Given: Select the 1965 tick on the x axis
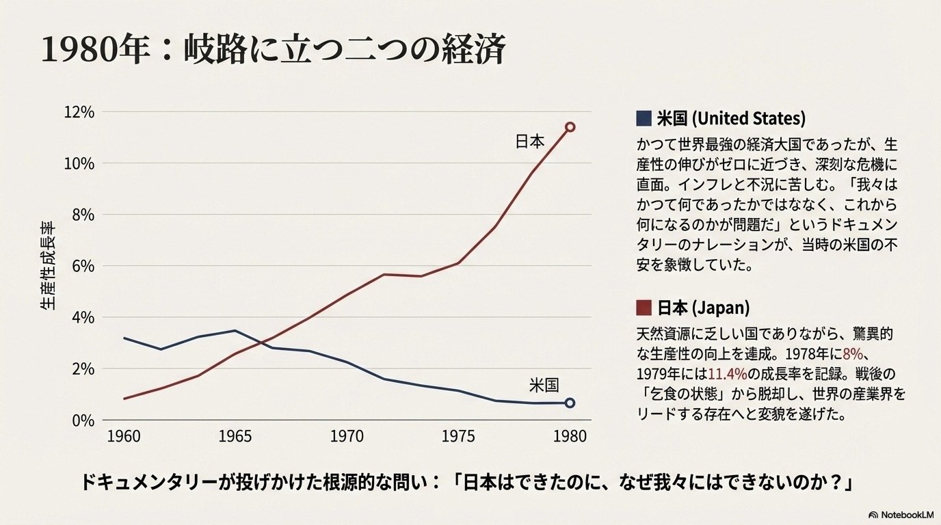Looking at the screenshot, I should pos(236,436).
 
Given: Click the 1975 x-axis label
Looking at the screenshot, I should pos(458,436).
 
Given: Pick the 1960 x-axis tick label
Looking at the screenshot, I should pos(124,436).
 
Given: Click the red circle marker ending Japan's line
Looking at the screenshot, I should pos(570,126).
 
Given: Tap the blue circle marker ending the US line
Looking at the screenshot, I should pos(570,403).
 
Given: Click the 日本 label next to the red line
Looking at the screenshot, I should pos(529,142).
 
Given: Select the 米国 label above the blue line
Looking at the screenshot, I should pos(544,385).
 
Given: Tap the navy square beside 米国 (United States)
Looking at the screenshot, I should pos(643,118).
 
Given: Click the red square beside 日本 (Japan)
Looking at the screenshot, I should pos(643,308).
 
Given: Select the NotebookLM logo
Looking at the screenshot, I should pos(902,514).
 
